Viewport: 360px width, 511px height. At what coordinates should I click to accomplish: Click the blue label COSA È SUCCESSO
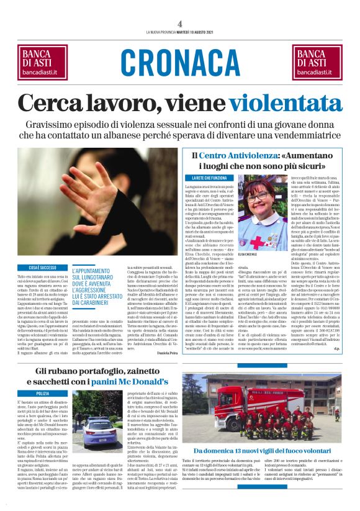pos(41,266)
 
